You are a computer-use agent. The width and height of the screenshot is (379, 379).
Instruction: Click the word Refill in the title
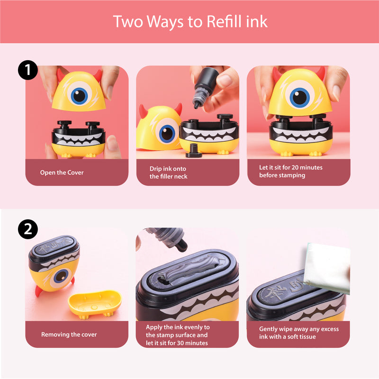coord(224,21)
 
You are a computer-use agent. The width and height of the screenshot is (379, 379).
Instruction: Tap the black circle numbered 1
coord(28,70)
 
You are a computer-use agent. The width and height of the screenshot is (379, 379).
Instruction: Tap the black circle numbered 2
coord(28,229)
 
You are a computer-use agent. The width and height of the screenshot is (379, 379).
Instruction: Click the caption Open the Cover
coord(62,172)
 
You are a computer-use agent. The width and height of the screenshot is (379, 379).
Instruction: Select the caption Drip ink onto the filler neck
coord(168,172)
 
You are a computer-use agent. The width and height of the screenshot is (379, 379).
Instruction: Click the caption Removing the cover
coord(69,334)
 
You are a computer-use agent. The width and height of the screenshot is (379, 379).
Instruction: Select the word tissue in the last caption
coord(307,336)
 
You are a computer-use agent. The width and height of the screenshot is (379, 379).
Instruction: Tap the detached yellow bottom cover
coord(95,304)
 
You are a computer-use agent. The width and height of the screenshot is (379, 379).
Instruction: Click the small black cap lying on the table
coord(193,151)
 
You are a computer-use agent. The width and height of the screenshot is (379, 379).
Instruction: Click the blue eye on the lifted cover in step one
coord(79,95)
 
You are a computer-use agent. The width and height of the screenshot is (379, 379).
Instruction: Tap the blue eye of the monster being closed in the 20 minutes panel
coord(300,97)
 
